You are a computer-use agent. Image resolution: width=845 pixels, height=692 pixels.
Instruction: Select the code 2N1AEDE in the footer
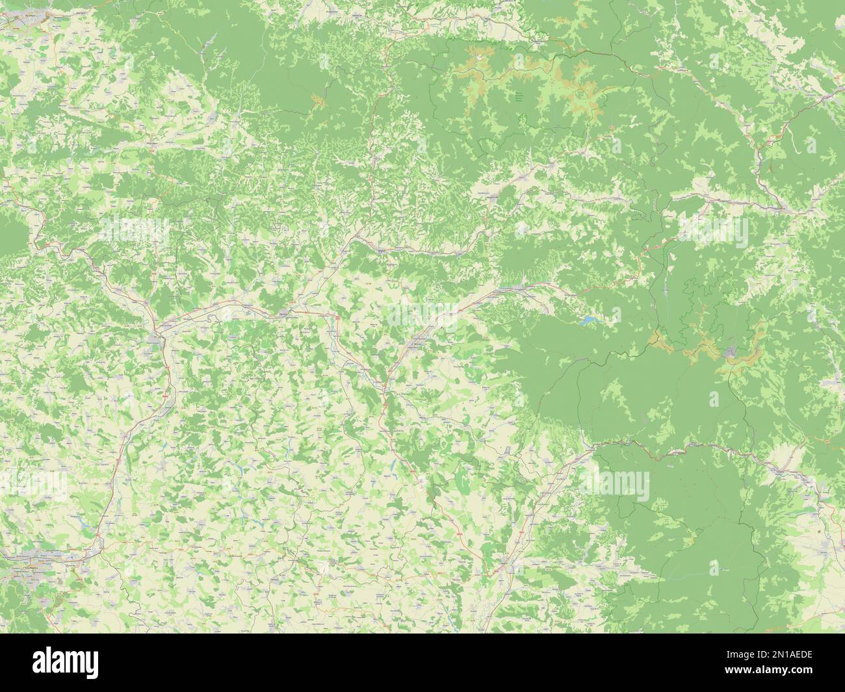[x=796, y=652]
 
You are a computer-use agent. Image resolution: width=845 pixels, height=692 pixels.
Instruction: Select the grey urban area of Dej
[x=157, y=338]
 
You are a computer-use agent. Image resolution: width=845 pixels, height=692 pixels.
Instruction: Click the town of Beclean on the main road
[x=284, y=313]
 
